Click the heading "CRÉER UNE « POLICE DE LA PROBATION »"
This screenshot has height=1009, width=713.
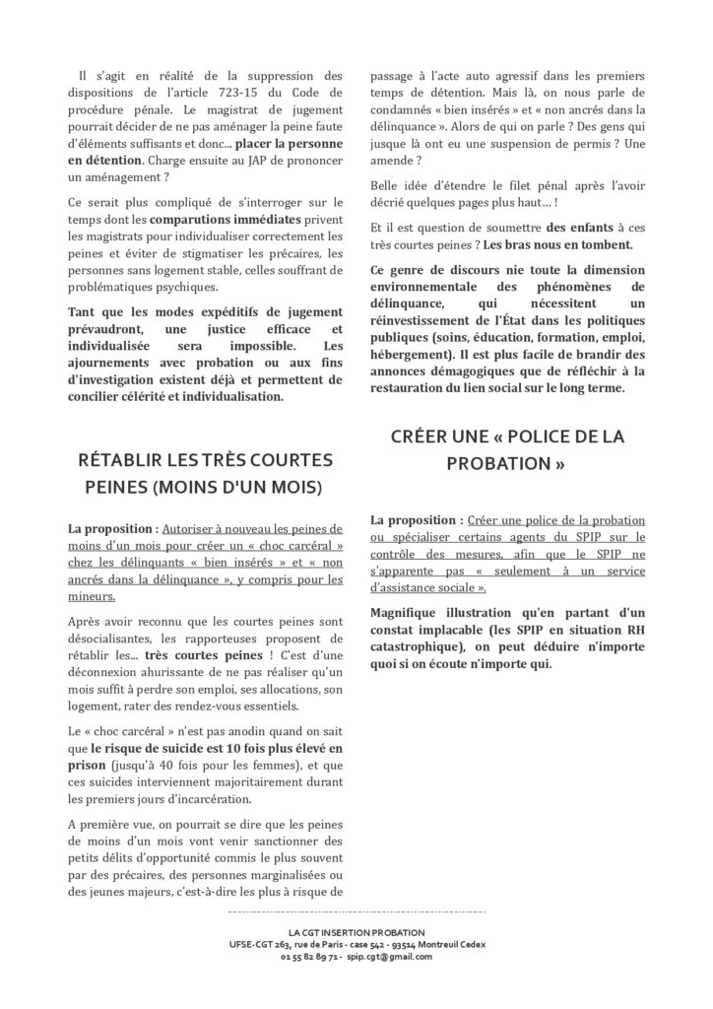pos(508,448)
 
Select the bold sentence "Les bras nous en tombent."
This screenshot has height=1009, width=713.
pos(566,243)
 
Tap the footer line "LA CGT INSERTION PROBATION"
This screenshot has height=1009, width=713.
pos(356,931)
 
